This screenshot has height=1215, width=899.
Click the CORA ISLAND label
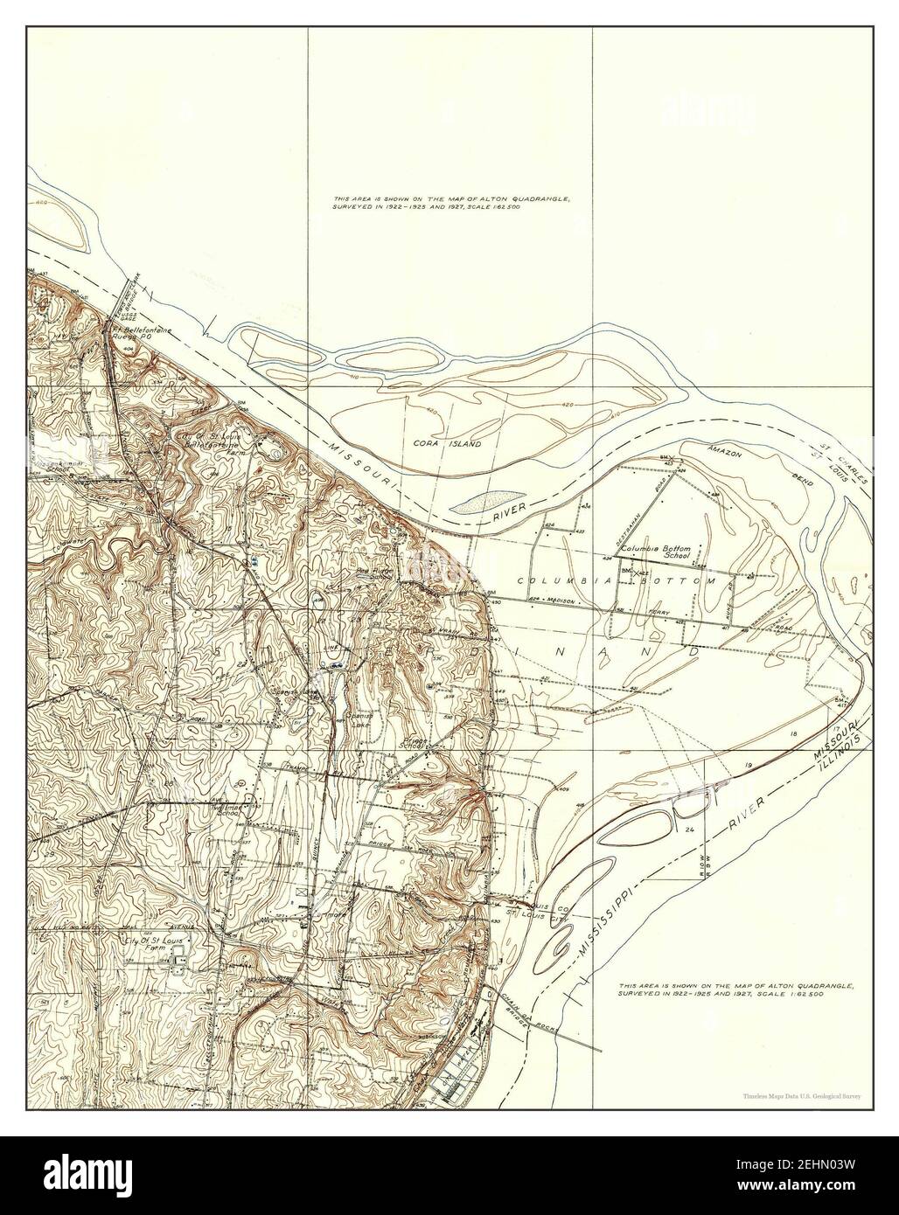[x=447, y=444]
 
